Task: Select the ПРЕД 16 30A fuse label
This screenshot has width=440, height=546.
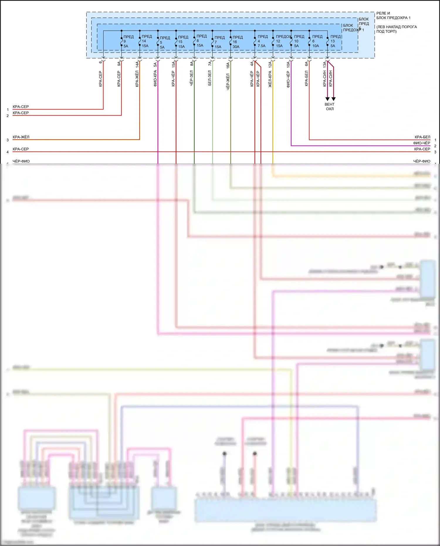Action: (237, 42)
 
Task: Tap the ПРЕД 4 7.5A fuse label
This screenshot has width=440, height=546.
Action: (262, 41)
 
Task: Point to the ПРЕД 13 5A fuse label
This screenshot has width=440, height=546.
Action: (335, 41)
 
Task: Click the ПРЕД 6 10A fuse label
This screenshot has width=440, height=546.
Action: (317, 41)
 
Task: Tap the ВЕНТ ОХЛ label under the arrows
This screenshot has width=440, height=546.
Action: (330, 107)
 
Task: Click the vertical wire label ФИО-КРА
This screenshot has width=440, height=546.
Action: (155, 78)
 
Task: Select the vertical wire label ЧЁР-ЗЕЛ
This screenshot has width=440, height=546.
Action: (191, 78)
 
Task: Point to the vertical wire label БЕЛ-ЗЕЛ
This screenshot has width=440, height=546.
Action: (210, 78)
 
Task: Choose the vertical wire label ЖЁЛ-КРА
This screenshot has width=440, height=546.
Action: (270, 79)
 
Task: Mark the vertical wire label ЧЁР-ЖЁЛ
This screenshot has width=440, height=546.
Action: (228, 82)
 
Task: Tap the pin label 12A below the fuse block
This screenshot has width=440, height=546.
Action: (270, 65)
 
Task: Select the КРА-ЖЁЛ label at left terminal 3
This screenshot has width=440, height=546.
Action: (21, 137)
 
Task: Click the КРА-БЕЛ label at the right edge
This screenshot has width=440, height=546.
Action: (422, 137)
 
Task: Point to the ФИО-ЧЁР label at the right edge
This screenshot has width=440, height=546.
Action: (422, 143)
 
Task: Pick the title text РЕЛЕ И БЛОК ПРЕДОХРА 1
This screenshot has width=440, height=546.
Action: (393, 16)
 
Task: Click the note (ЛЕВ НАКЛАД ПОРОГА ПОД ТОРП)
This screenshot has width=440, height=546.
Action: (396, 29)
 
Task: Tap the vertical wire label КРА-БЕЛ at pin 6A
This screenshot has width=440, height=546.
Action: (307, 78)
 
